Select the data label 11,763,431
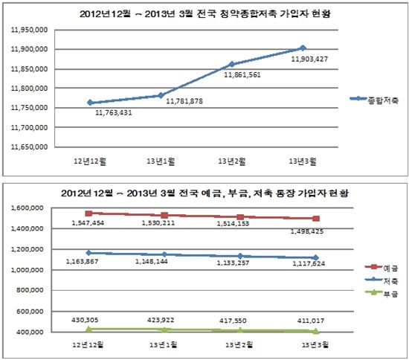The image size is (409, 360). pos(114,113)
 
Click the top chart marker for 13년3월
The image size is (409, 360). pos(302,48)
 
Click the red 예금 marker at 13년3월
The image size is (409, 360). pos(316,219)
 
